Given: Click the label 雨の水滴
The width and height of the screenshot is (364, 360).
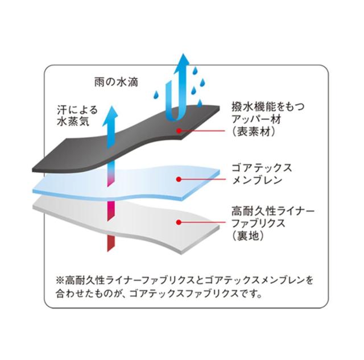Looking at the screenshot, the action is pyautogui.click(x=116, y=82).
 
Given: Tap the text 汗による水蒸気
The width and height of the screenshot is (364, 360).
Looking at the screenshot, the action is pyautogui.click(x=77, y=116).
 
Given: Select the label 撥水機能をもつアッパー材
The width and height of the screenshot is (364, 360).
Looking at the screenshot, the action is pyautogui.click(x=268, y=113).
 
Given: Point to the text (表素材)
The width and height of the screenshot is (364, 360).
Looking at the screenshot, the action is pyautogui.click(x=254, y=132).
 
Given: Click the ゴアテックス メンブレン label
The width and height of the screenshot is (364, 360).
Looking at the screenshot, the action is pyautogui.click(x=262, y=174).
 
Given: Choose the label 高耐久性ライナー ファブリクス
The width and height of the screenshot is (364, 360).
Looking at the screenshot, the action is pyautogui.click(x=273, y=217).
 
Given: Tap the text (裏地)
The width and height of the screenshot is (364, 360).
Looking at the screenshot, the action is pyautogui.click(x=248, y=236).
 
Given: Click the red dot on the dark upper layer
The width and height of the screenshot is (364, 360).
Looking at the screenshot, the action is pyautogui.click(x=179, y=131).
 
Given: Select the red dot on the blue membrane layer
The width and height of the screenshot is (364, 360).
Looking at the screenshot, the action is pyautogui.click(x=179, y=179).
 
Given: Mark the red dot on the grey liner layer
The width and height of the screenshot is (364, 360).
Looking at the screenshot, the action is pyautogui.click(x=179, y=222).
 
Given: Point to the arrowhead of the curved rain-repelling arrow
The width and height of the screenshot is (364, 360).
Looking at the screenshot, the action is pyautogui.click(x=183, y=61).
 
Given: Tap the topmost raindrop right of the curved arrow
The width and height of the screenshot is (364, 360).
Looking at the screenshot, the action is pyautogui.click(x=196, y=71).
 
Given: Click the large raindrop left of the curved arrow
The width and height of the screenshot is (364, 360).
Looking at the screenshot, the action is pyautogui.click(x=157, y=95).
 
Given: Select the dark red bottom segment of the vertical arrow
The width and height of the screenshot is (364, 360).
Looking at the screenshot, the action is pyautogui.click(x=111, y=243).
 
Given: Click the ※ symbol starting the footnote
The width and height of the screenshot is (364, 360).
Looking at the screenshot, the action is pyautogui.click(x=60, y=280).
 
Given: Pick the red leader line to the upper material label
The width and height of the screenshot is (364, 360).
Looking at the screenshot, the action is pyautogui.click(x=202, y=131).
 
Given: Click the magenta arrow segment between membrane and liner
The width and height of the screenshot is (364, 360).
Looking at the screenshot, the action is pyautogui.click(x=111, y=211).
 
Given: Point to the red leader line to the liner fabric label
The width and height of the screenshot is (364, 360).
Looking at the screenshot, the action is pyautogui.click(x=202, y=222).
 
